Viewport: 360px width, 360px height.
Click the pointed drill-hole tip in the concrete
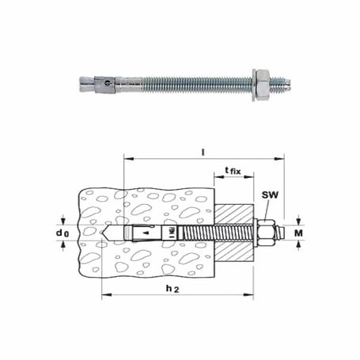[x=108, y=233]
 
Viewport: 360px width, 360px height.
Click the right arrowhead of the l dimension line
[x=281, y=158]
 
